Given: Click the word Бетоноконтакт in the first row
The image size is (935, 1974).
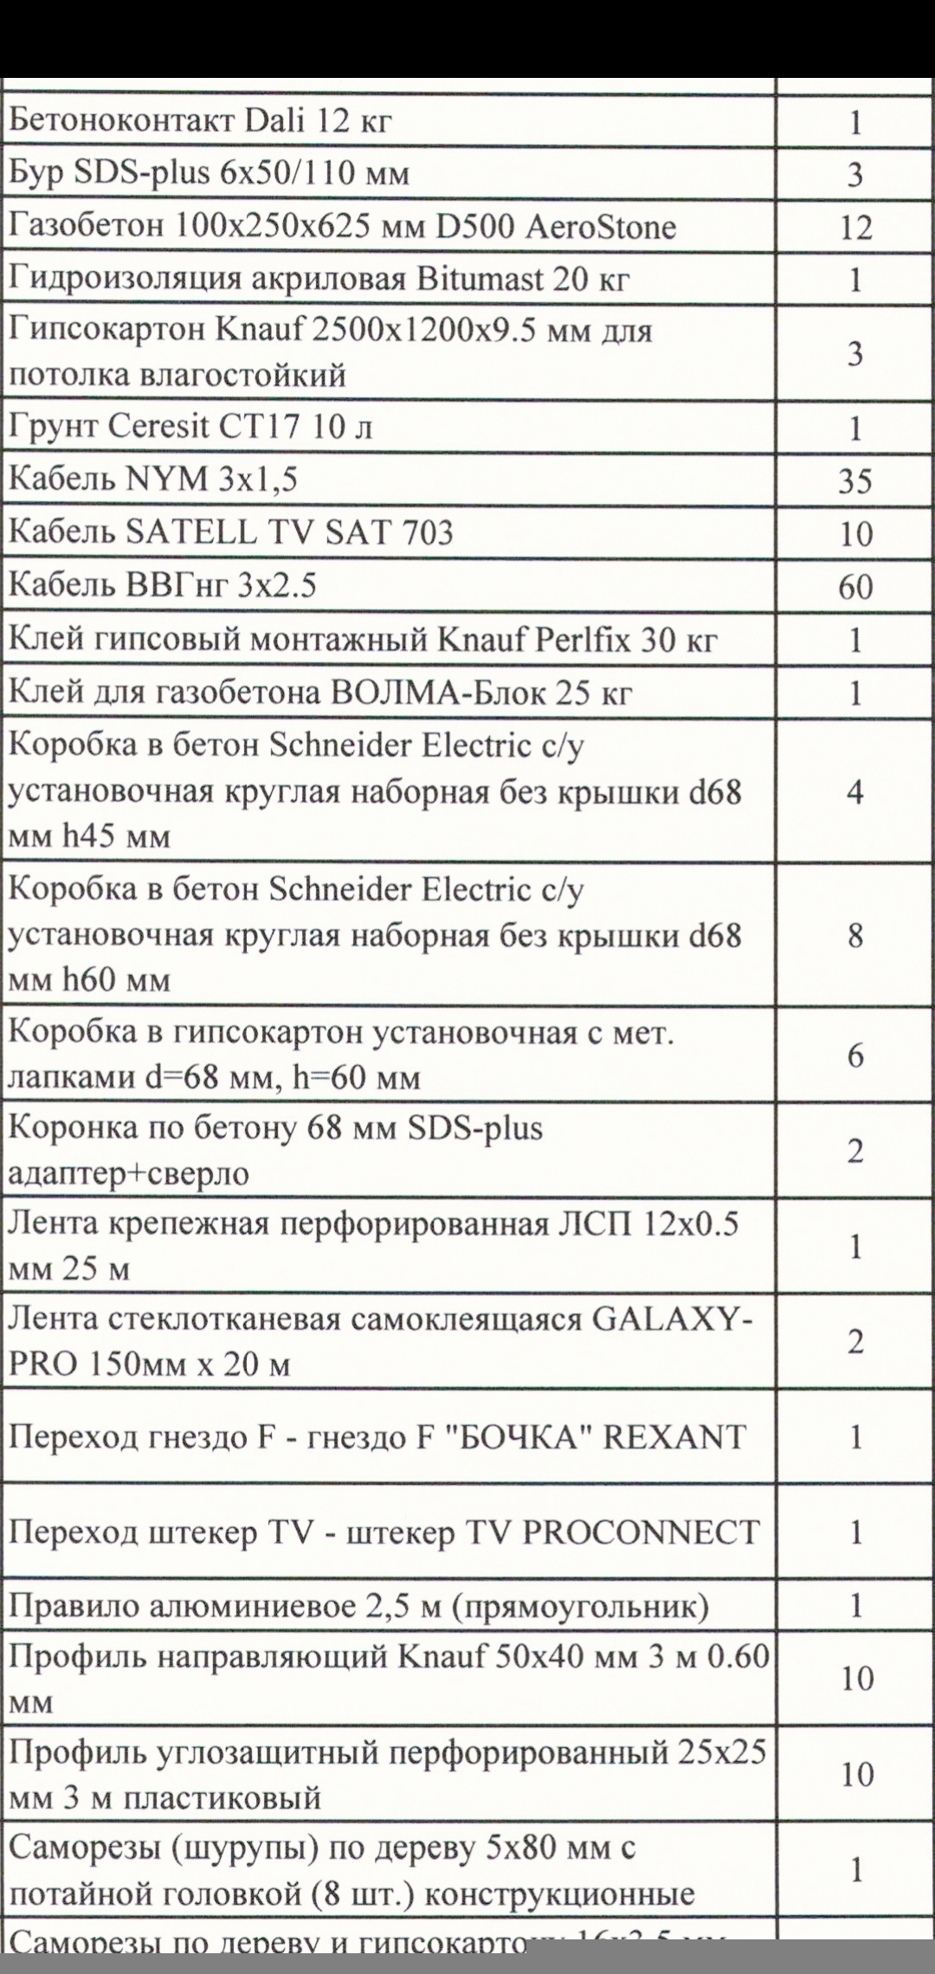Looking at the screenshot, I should point(119,120).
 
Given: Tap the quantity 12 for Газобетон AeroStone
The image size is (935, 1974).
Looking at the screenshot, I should point(854,228).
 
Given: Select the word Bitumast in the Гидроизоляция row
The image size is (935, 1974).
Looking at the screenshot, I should point(480,280).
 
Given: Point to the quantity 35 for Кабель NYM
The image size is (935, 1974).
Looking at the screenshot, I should point(854,481).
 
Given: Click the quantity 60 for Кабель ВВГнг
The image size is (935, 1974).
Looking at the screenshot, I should point(854,588).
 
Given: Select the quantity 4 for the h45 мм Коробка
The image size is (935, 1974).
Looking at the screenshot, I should point(854,793).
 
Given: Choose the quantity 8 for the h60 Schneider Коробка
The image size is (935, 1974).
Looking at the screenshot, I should point(854,936).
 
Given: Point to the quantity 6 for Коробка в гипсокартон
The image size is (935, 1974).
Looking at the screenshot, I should point(854,1055).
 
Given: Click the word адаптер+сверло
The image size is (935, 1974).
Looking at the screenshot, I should point(128,1174).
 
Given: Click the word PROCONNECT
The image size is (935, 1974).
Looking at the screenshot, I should point(642,1532).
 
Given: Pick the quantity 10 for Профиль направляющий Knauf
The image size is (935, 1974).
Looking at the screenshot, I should point(857,1679).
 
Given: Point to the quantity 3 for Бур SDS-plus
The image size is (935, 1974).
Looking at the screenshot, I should point(854,175).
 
